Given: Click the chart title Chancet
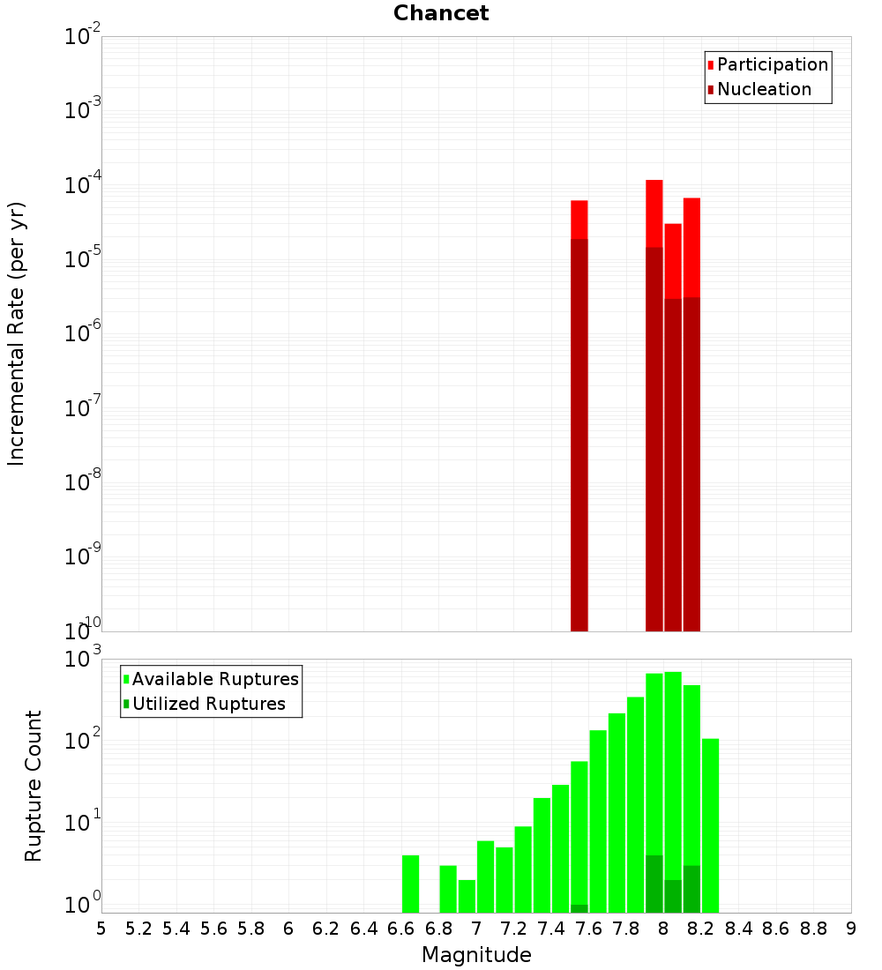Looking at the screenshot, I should [441, 13].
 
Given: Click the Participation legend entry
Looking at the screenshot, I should [773, 64].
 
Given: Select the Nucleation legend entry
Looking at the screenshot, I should [764, 89].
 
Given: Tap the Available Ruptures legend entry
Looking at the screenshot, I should [215, 679].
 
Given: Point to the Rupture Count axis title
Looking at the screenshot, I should [34, 786].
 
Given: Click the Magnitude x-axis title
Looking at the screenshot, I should [476, 954].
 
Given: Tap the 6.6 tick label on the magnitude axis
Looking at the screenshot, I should [401, 929].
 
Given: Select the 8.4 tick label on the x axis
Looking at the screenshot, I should [738, 929].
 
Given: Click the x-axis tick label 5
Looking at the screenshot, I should [101, 929].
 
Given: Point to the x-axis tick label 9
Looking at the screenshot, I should [851, 929].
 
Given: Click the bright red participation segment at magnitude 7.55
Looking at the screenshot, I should [579, 220].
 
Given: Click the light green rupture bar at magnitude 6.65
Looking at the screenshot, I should [410, 884].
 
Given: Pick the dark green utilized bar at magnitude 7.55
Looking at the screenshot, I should [579, 908].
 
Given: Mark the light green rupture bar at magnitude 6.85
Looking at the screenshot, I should [448, 889].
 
